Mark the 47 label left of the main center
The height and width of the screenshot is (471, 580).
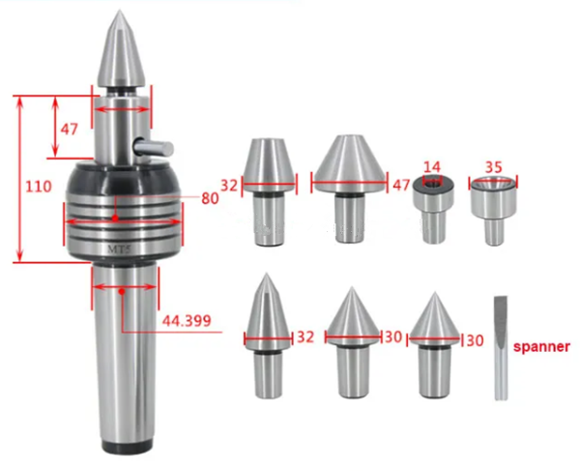click(x=70, y=128)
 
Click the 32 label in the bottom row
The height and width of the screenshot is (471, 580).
click(x=305, y=337)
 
